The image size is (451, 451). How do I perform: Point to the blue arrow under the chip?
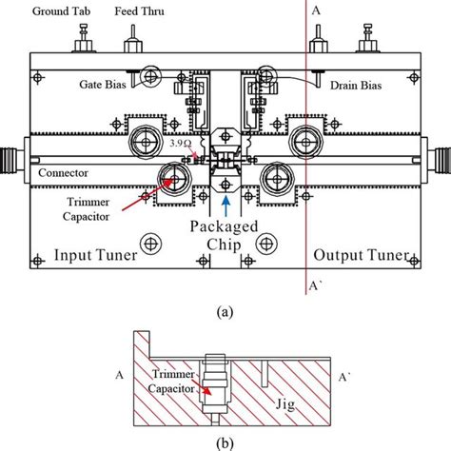point(225,203)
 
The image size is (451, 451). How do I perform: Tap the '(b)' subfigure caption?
point(227,441)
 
